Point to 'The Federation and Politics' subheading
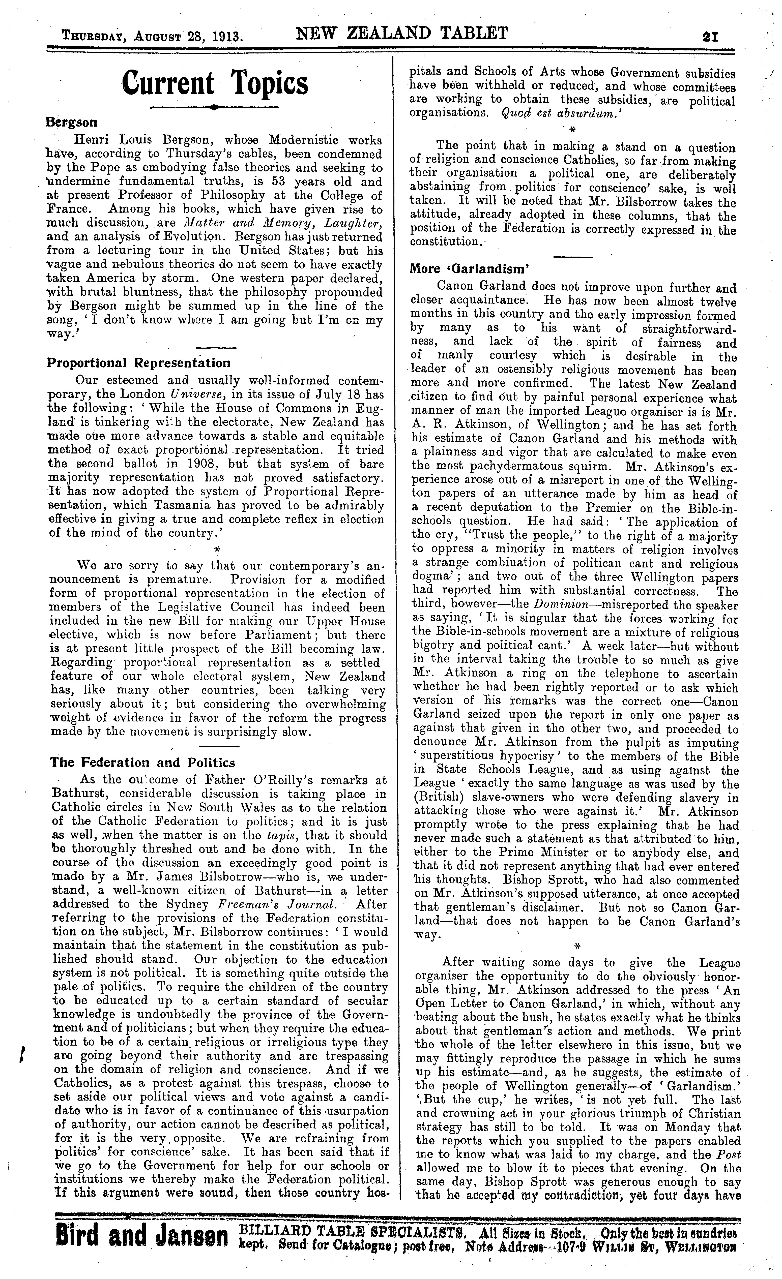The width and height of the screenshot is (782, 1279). pos(143,763)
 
